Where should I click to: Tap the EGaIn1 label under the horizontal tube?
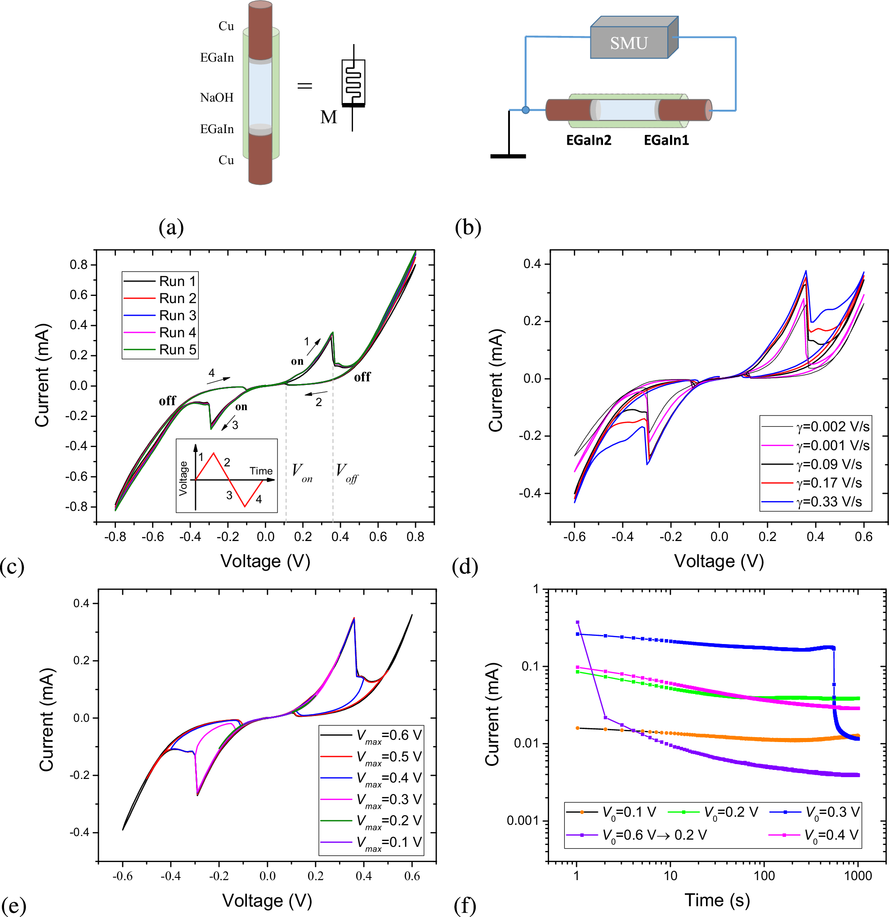pos(666,140)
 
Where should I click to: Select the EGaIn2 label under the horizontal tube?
pos(588,140)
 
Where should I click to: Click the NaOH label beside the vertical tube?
pos(217,98)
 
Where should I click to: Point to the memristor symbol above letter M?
pos(353,83)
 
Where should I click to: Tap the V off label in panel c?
pos(347,472)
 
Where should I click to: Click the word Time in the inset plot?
pos(261,471)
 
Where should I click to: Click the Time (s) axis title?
pos(717,900)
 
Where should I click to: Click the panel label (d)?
pos(465,567)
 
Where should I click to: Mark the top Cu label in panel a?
pos(226,26)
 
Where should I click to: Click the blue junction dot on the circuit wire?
pos(526,110)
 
